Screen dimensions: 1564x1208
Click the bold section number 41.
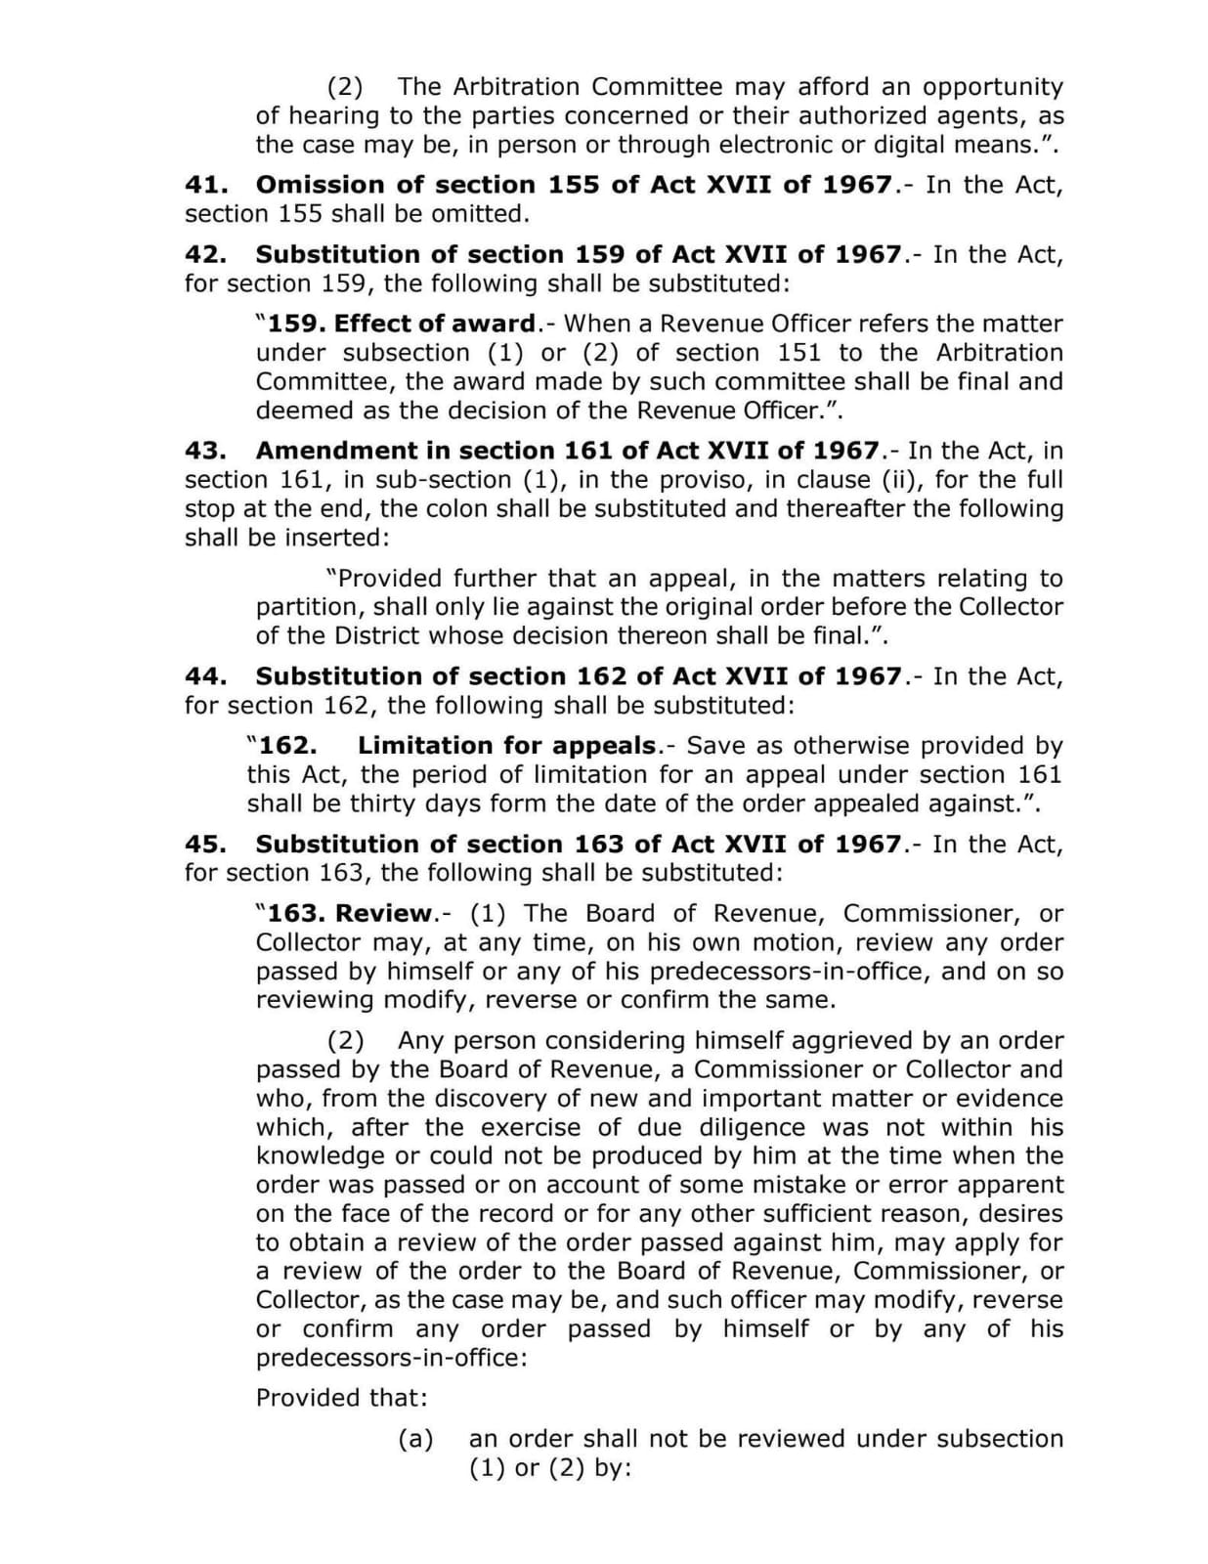click(206, 185)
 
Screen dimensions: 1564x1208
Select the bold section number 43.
click(206, 451)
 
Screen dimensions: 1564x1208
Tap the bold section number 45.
click(206, 844)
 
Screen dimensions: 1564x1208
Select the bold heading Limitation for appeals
click(506, 746)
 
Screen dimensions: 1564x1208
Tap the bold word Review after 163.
click(383, 914)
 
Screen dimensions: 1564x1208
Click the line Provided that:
click(342, 1398)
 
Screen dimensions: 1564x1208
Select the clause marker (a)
click(415, 1439)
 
